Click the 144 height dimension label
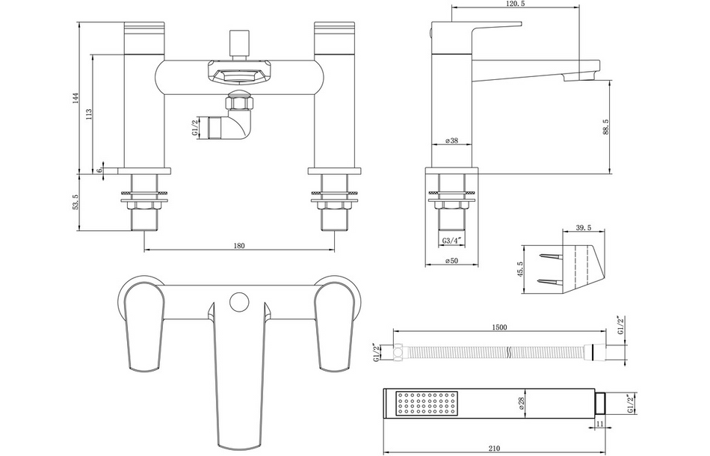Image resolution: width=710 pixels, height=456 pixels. (x=76, y=99)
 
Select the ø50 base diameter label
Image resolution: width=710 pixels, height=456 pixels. (x=451, y=260)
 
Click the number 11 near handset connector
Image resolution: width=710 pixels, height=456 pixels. (x=601, y=425)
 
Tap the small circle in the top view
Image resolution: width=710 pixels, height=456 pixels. (x=238, y=303)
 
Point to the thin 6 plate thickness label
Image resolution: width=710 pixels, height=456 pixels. (x=98, y=170)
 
